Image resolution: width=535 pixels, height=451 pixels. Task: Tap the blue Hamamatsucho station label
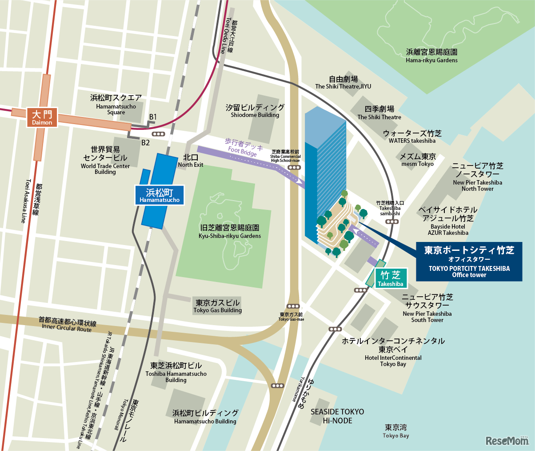coord(160,196)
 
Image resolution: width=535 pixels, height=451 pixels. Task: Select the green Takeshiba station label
coord(391,279)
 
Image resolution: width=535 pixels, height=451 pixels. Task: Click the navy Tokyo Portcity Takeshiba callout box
coord(469,262)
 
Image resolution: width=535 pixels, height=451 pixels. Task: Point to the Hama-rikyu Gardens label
coord(431,56)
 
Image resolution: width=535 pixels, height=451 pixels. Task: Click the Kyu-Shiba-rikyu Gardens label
coord(230,231)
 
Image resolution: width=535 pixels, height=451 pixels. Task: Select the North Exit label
coord(191,161)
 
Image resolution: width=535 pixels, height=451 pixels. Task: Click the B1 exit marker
coord(152,117)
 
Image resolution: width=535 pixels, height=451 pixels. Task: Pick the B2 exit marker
coord(145,143)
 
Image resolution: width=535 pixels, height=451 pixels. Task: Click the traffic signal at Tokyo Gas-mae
coord(293,306)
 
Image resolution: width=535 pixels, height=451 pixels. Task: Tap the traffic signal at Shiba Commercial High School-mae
coord(294,167)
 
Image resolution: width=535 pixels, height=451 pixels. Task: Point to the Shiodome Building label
coord(255,111)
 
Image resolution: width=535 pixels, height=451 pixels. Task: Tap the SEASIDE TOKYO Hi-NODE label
coord(337,416)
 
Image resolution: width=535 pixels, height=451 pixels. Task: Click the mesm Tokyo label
coord(417,160)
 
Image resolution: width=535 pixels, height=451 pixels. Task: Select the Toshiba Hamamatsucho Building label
coord(176,372)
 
